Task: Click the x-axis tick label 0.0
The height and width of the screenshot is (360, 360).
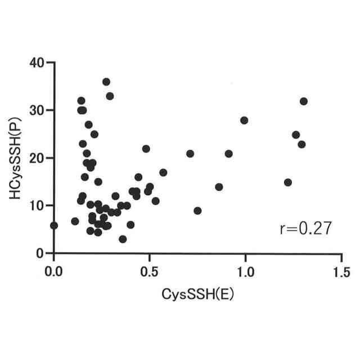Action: point(54,271)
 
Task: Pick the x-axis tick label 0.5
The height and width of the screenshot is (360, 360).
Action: point(150,271)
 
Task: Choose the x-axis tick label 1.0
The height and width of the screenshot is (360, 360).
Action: point(246,271)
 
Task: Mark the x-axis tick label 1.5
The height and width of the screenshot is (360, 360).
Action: point(341,271)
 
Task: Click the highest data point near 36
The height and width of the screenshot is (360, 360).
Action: point(106,82)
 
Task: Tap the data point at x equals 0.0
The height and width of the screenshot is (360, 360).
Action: point(54,226)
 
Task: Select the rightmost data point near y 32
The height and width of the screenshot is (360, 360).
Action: point(304,101)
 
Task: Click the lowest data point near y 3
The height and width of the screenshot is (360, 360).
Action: point(123,239)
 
